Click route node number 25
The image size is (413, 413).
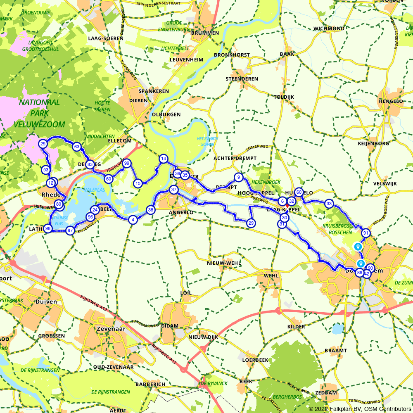[43, 144]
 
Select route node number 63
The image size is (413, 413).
[76, 147]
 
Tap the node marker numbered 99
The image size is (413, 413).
[127, 163]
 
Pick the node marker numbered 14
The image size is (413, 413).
[164, 159]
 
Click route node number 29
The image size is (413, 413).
[251, 223]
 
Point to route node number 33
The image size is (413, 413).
[329, 204]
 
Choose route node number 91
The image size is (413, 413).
[366, 233]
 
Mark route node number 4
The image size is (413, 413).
[133, 220]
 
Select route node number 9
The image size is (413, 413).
[238, 178]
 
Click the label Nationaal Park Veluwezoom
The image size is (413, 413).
[39, 113]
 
